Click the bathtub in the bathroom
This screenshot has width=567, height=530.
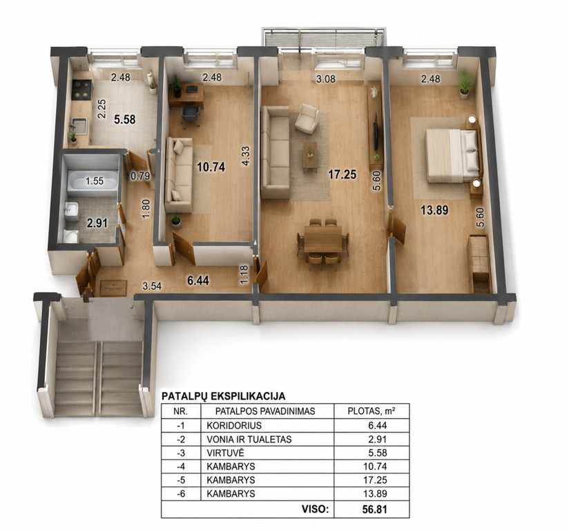pyautogui.click(x=93, y=181)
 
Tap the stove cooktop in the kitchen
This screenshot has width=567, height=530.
pyautogui.click(x=81, y=90)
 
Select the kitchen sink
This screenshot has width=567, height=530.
pyautogui.click(x=79, y=126)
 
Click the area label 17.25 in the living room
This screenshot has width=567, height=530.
pyautogui.click(x=342, y=175)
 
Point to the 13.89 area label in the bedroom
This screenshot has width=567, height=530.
pyautogui.click(x=434, y=210)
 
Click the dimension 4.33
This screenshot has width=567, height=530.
pyautogui.click(x=246, y=156)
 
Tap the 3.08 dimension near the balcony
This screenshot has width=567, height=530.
pyautogui.click(x=326, y=79)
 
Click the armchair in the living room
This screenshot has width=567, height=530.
pyautogui.click(x=307, y=119)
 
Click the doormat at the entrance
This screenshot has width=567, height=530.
pyautogui.click(x=113, y=288)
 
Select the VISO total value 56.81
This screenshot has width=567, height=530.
pyautogui.click(x=374, y=509)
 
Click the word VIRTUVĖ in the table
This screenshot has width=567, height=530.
pyautogui.click(x=225, y=453)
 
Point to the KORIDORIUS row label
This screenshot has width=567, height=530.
pyautogui.click(x=234, y=426)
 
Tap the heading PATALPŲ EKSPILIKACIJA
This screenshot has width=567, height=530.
pyautogui.click(x=223, y=396)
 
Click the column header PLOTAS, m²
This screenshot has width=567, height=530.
pyautogui.click(x=371, y=411)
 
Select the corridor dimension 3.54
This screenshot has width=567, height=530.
pyautogui.click(x=152, y=286)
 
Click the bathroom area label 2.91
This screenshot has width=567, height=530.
pyautogui.click(x=97, y=223)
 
